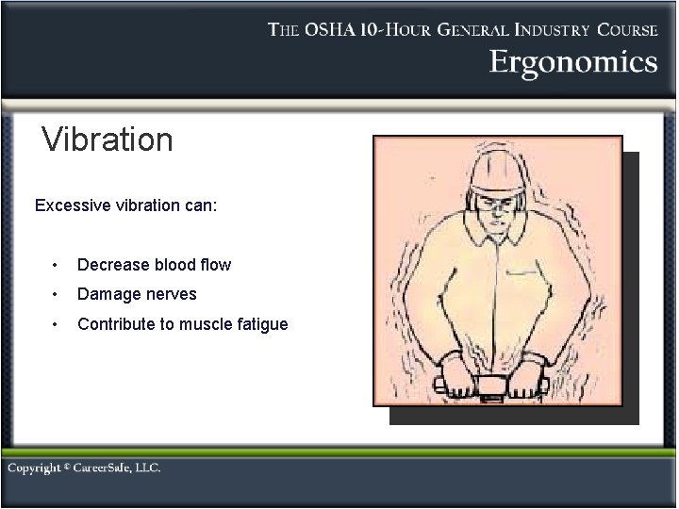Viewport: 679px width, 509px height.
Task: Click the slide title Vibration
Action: pyautogui.click(x=108, y=140)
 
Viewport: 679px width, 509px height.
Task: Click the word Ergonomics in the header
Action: pyautogui.click(x=572, y=63)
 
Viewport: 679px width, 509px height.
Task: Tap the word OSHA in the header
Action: pyautogui.click(x=334, y=29)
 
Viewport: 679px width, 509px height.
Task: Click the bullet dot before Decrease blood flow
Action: pyautogui.click(x=58, y=265)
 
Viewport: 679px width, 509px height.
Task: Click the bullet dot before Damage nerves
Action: pyautogui.click(x=58, y=294)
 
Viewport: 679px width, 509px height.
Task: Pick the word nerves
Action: pyautogui.click(x=172, y=294)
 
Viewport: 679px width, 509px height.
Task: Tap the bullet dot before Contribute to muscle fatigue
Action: pyautogui.click(x=58, y=324)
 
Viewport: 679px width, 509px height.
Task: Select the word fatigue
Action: pyautogui.click(x=264, y=324)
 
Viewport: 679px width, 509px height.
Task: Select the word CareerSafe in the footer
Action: pyautogui.click(x=113, y=468)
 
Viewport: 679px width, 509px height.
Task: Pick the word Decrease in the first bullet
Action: pyautogui.click(x=108, y=265)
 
